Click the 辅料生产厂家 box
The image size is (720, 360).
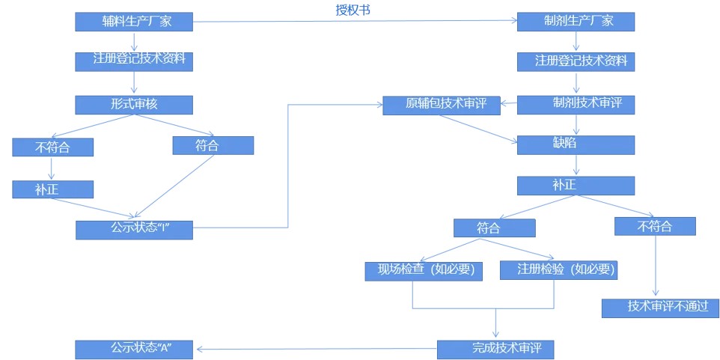134,22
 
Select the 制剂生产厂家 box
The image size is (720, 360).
576,22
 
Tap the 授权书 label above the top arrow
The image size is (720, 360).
353,10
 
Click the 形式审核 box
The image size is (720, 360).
134,104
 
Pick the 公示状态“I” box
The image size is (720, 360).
134,229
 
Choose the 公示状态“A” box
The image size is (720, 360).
134,348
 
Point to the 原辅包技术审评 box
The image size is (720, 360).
442,105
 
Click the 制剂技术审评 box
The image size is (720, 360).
576,104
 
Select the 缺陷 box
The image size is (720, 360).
576,144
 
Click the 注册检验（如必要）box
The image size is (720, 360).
558,269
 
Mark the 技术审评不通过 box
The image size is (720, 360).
660,307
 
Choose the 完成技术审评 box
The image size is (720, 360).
495,348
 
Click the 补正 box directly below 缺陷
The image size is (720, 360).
576,185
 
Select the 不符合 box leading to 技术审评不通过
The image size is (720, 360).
654,226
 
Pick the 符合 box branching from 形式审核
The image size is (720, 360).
213,145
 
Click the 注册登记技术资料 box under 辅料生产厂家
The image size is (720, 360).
134,61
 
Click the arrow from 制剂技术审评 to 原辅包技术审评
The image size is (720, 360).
509,105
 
